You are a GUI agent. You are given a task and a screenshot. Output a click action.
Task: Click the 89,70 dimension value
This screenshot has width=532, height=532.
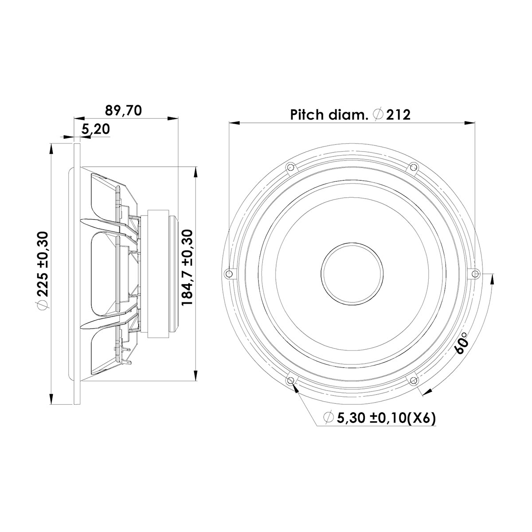click(123, 110)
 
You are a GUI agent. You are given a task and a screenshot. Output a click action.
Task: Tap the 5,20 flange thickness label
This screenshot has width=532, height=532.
click(96, 129)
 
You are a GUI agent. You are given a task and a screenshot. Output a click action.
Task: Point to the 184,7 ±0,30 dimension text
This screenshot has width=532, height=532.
click(188, 267)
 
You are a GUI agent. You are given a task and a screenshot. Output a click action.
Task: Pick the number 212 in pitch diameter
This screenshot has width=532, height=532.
click(398, 115)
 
